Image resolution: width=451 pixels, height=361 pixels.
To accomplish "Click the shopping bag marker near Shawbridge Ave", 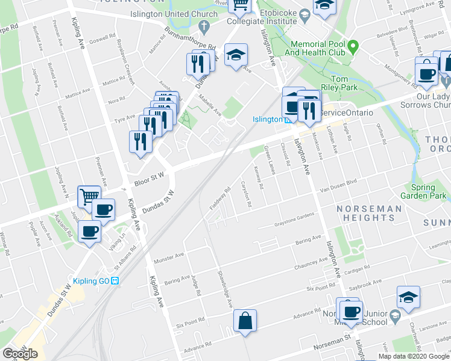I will (246, 319).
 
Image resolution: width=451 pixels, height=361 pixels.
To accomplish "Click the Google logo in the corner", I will (20, 353).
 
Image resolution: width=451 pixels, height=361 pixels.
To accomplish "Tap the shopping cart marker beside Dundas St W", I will (89, 196).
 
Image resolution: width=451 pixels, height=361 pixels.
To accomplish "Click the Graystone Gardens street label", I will (294, 220).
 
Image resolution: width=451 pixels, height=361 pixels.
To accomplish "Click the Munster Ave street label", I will (169, 257).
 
